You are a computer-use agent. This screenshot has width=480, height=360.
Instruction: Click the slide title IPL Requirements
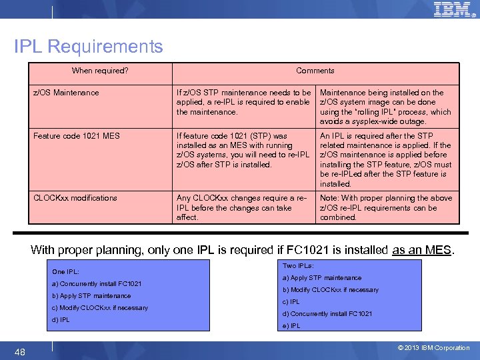click(89, 47)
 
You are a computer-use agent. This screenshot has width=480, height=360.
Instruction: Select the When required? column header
click(100, 71)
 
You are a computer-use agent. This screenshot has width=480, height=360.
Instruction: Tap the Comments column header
click(315, 71)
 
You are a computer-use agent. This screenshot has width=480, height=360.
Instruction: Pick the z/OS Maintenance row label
click(66, 93)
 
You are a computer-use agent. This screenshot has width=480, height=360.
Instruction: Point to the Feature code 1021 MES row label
click(77, 136)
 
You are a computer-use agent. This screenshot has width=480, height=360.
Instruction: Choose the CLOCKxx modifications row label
click(75, 198)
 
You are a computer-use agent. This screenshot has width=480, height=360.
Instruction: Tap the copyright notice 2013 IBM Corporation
click(433, 347)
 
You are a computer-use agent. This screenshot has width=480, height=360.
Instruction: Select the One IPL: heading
click(65, 272)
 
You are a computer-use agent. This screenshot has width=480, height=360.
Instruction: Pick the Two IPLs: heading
click(298, 265)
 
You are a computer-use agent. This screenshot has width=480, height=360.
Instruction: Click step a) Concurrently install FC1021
click(97, 284)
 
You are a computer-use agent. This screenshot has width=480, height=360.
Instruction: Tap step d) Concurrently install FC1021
click(327, 314)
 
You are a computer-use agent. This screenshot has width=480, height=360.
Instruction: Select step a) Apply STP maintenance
click(322, 278)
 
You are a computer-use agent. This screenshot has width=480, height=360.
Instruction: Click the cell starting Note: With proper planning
click(385, 207)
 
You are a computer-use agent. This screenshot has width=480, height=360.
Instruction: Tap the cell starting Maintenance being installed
click(385, 107)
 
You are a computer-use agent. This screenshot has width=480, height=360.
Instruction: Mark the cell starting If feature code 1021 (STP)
click(243, 150)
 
